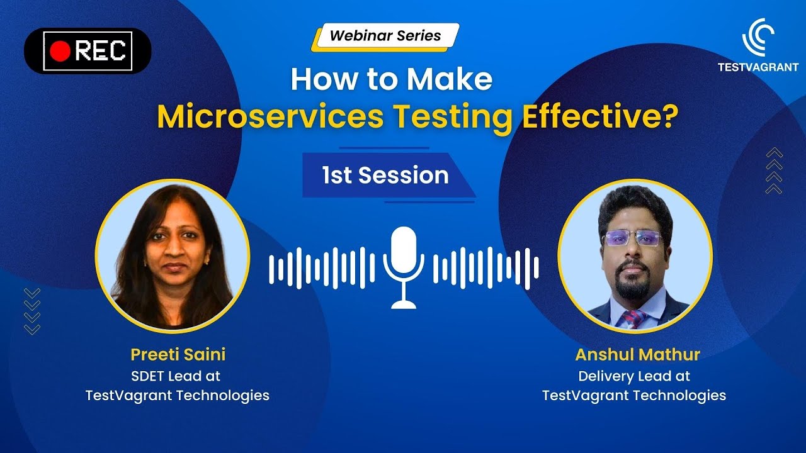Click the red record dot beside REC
point(60,52)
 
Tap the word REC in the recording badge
point(100,52)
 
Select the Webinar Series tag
point(385,36)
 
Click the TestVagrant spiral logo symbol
point(758,37)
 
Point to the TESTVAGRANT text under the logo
point(758,67)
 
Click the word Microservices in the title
point(270,117)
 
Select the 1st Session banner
point(385,175)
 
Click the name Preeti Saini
point(178,354)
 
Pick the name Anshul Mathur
point(637,354)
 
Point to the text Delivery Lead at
point(634,376)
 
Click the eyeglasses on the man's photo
point(633,238)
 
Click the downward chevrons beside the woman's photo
point(31,311)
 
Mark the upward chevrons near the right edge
point(774,171)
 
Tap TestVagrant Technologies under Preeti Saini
point(178,396)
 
